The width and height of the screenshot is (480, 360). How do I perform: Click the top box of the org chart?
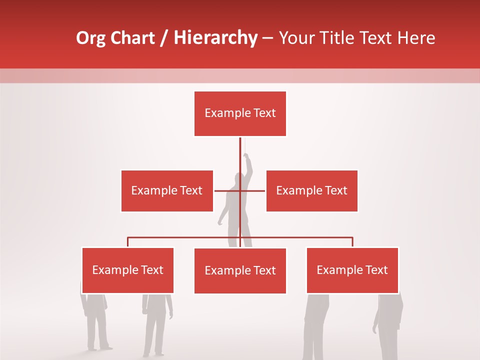[x=240, y=113]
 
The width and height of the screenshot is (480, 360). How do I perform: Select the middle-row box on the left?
[x=167, y=190]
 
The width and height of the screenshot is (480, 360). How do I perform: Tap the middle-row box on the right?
[x=311, y=190]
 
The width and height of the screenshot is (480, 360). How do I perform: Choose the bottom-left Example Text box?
[x=128, y=270]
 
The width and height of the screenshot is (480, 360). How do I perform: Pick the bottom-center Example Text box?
[x=240, y=271]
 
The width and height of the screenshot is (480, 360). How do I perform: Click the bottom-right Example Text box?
[x=352, y=270]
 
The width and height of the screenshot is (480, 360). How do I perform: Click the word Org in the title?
[x=90, y=38]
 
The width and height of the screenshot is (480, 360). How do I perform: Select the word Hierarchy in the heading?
[x=215, y=38]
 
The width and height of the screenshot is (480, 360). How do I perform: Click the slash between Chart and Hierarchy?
[x=164, y=38]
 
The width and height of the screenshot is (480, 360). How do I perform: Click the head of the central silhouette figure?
[x=236, y=178]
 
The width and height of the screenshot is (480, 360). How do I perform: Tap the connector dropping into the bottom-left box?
[x=128, y=242]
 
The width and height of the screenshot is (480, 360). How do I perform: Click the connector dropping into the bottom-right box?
[x=352, y=242]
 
